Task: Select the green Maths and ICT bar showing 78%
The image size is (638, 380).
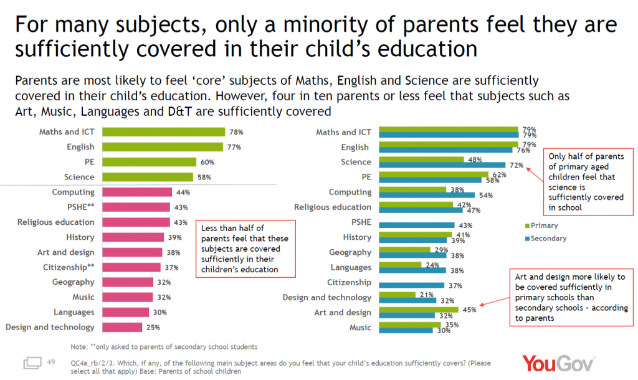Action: tap(163, 132)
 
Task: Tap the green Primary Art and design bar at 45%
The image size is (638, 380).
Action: tap(417, 309)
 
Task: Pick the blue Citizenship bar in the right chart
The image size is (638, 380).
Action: tap(411, 285)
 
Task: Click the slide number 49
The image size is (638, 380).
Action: tap(51, 362)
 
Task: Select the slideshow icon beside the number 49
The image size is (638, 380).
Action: tap(32, 363)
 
